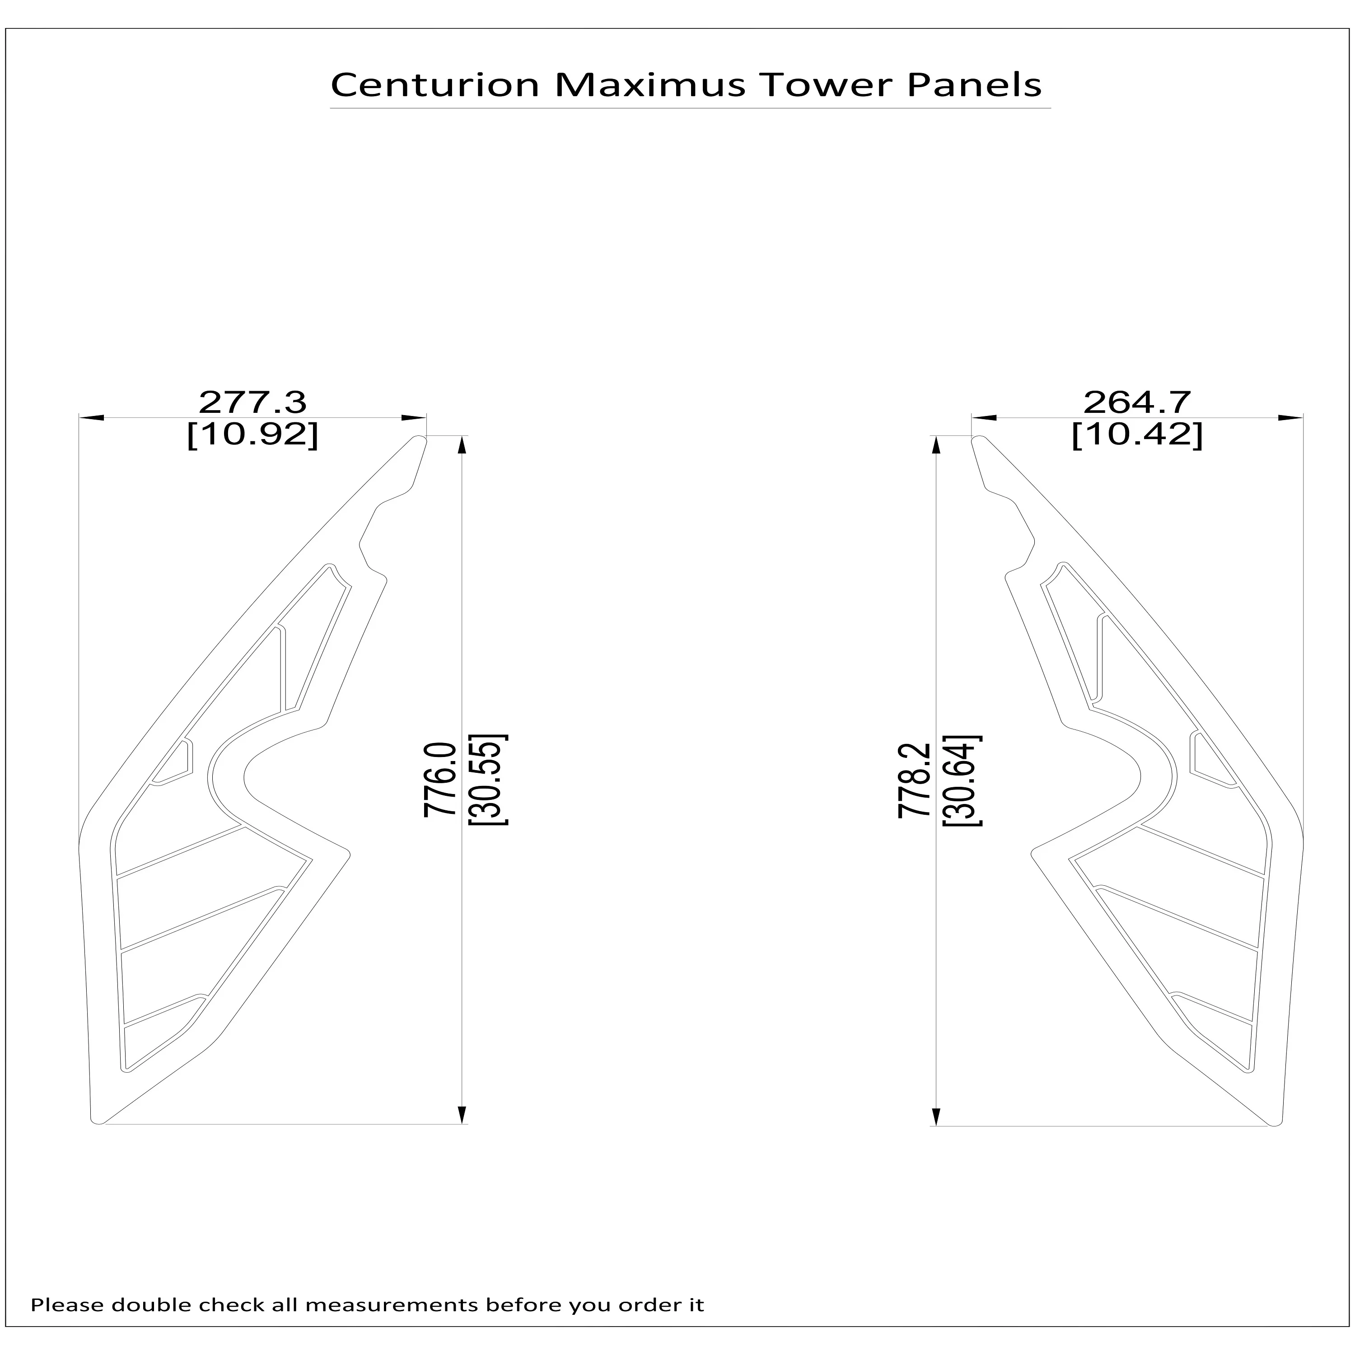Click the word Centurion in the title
[435, 85]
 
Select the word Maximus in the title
[649, 85]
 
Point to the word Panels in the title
[974, 85]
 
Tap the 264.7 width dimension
[1137, 402]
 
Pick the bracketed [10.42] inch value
[1137, 435]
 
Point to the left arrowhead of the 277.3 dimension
[91, 418]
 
